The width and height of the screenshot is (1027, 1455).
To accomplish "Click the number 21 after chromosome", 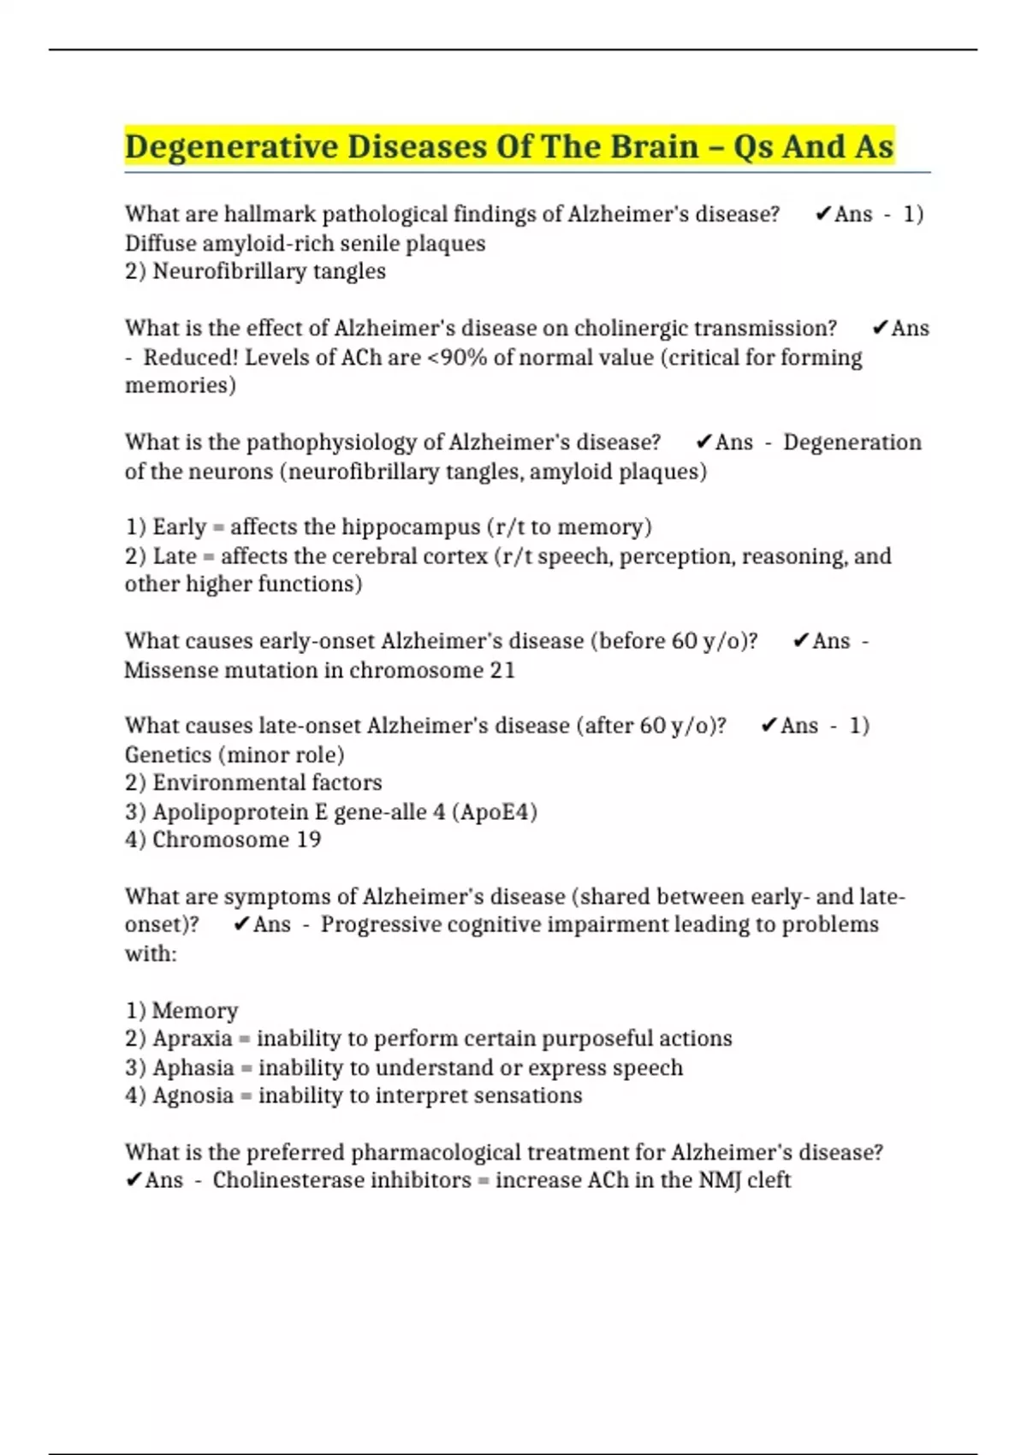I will (x=502, y=670).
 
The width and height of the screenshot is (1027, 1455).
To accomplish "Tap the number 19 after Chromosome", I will (x=308, y=840).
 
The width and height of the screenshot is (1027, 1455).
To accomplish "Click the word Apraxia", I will (x=193, y=1039).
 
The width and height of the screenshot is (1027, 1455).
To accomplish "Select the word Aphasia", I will (x=193, y=1068).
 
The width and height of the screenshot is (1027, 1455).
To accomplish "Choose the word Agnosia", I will (x=193, y=1096).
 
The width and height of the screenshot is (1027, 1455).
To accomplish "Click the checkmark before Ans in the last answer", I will (x=134, y=1180).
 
